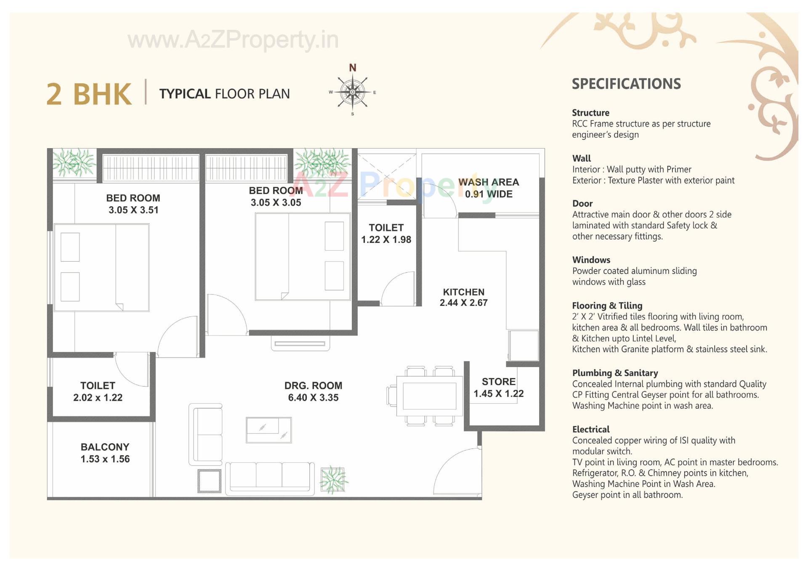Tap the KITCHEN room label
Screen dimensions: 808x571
pos(463,292)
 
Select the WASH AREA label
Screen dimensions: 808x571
pos(489,182)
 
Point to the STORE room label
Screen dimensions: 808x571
pos(499,382)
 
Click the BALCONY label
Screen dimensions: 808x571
pos(105,447)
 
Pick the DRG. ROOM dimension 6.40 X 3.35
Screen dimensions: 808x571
pos(313,398)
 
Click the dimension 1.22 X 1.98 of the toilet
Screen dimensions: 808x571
pos(386,239)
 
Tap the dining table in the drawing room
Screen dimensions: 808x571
pos(429,396)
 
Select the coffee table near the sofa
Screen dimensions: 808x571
pos(268,430)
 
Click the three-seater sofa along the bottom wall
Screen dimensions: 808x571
pos(270,478)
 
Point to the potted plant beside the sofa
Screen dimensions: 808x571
pos(333,480)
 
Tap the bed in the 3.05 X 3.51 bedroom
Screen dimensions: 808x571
pos(101,268)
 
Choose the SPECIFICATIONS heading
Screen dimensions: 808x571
pos(626,84)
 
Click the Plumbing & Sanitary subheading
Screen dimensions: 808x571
pos(615,373)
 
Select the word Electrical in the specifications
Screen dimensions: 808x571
pos(590,429)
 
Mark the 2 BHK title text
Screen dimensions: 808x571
pos(89,94)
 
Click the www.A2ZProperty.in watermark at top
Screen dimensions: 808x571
pos(233,40)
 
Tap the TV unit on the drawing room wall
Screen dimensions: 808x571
pos(300,343)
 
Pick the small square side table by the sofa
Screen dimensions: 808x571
pos(210,481)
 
